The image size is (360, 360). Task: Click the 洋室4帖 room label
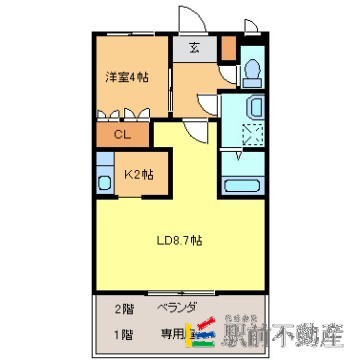[128, 77]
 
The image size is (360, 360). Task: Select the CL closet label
[120, 134]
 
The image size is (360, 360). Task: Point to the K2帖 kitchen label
[138, 174]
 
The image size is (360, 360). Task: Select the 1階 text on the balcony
[123, 335]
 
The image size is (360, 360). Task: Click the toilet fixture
[251, 71]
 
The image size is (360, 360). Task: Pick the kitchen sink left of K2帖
[104, 180]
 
